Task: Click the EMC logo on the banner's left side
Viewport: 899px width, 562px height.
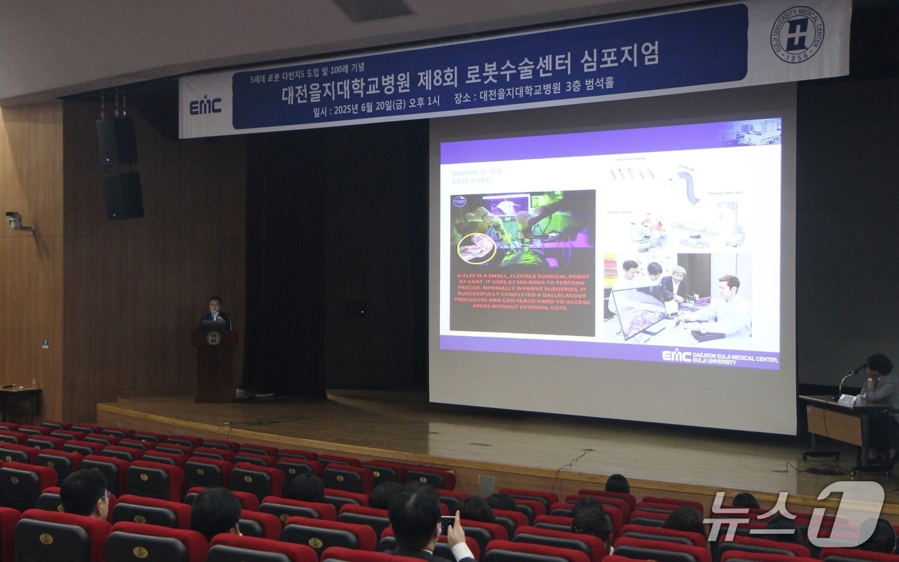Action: point(205,106)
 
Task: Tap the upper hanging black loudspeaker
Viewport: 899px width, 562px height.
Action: point(116,139)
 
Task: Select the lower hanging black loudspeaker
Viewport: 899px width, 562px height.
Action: point(123,196)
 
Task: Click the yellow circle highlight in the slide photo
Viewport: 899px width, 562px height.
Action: point(476,248)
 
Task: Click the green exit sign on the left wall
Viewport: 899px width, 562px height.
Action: point(46,343)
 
